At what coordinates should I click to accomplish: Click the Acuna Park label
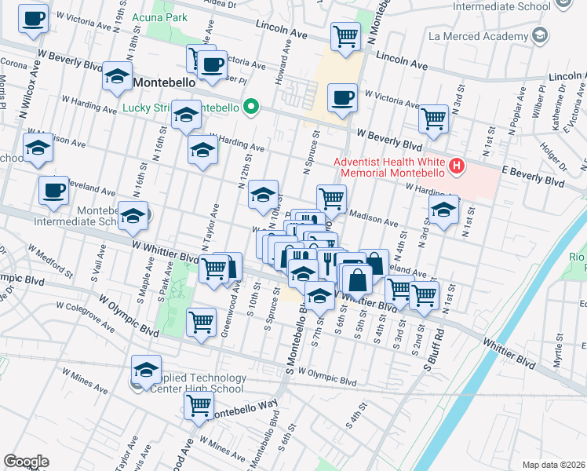pyautogui.click(x=159, y=17)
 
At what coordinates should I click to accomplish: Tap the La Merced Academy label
pyautogui.click(x=478, y=35)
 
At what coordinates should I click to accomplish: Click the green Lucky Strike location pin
pyautogui.click(x=251, y=107)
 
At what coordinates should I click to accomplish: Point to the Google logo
pyautogui.click(x=26, y=461)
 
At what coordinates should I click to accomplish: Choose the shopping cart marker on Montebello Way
pyautogui.click(x=199, y=406)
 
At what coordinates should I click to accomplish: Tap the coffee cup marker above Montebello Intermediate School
pyautogui.click(x=54, y=191)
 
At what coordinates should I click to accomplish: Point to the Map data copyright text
pyautogui.click(x=552, y=465)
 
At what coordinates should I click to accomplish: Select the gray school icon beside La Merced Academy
pyautogui.click(x=539, y=35)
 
